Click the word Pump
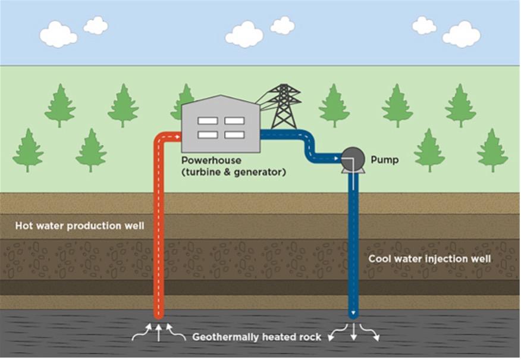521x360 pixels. point(384,160)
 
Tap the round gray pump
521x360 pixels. point(352,158)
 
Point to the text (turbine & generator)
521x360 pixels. point(234,173)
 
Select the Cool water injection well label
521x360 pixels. point(429,259)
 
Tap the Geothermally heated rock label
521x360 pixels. point(256,337)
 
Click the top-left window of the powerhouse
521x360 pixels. point(207,121)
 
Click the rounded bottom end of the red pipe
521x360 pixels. point(159,314)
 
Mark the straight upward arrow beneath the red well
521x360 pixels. point(159,332)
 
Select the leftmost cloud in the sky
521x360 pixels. point(58,35)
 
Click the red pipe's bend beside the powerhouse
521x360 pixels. point(162,139)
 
